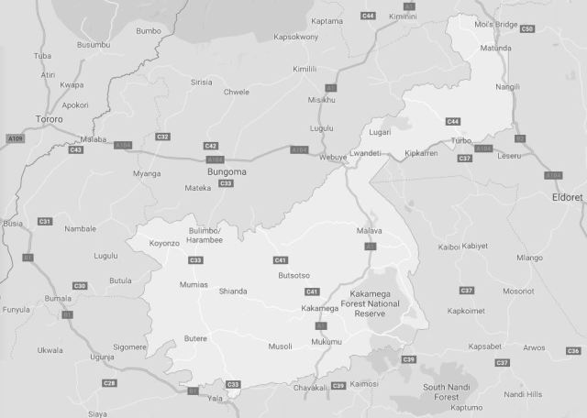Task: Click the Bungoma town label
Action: click(x=228, y=171)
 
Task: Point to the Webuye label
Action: click(x=332, y=157)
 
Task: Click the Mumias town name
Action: click(x=194, y=285)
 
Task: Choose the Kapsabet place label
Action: click(x=484, y=347)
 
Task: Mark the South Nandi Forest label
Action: click(x=452, y=392)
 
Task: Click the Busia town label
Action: click(x=13, y=223)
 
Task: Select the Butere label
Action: click(x=194, y=338)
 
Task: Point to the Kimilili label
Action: click(x=304, y=69)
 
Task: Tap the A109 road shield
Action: click(x=15, y=138)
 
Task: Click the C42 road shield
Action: click(x=211, y=146)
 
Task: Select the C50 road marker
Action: click(x=526, y=29)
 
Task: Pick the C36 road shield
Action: click(x=573, y=351)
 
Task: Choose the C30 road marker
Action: click(x=80, y=287)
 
